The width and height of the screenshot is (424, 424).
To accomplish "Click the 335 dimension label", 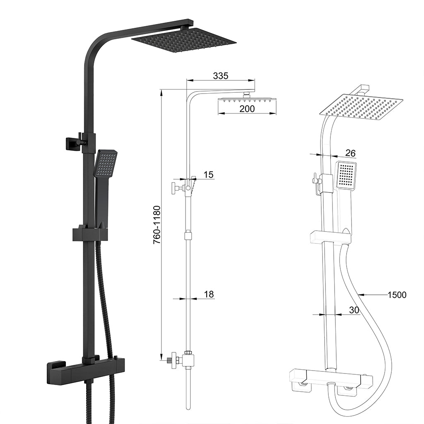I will (x=221, y=76).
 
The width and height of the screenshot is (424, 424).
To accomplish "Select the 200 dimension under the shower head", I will (x=247, y=108).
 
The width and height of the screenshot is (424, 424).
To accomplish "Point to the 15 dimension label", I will (x=209, y=175).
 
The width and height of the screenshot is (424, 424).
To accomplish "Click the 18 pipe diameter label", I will (x=209, y=294).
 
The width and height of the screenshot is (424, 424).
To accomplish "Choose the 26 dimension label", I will (x=350, y=153).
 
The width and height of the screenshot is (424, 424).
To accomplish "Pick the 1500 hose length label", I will (x=397, y=295).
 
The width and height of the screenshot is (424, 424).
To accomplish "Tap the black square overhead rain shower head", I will (x=184, y=41).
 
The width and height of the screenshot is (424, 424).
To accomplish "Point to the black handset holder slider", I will (x=90, y=234).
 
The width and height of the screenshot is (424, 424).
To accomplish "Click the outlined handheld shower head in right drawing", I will (x=345, y=174).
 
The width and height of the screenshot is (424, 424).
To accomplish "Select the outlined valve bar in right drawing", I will (x=330, y=378).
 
